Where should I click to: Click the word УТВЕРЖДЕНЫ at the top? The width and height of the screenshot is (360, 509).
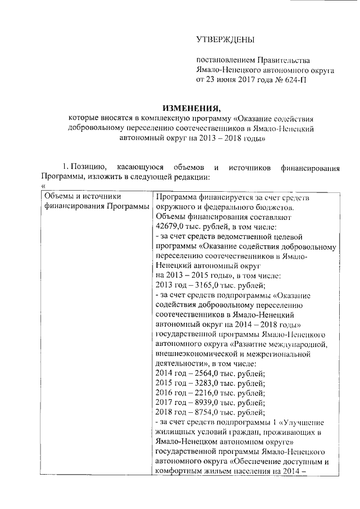pyautogui.click(x=225, y=40)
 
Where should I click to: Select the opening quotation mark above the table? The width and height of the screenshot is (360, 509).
pyautogui.click(x=43, y=187)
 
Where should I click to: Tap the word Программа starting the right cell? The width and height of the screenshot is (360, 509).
pyautogui.click(x=178, y=197)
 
